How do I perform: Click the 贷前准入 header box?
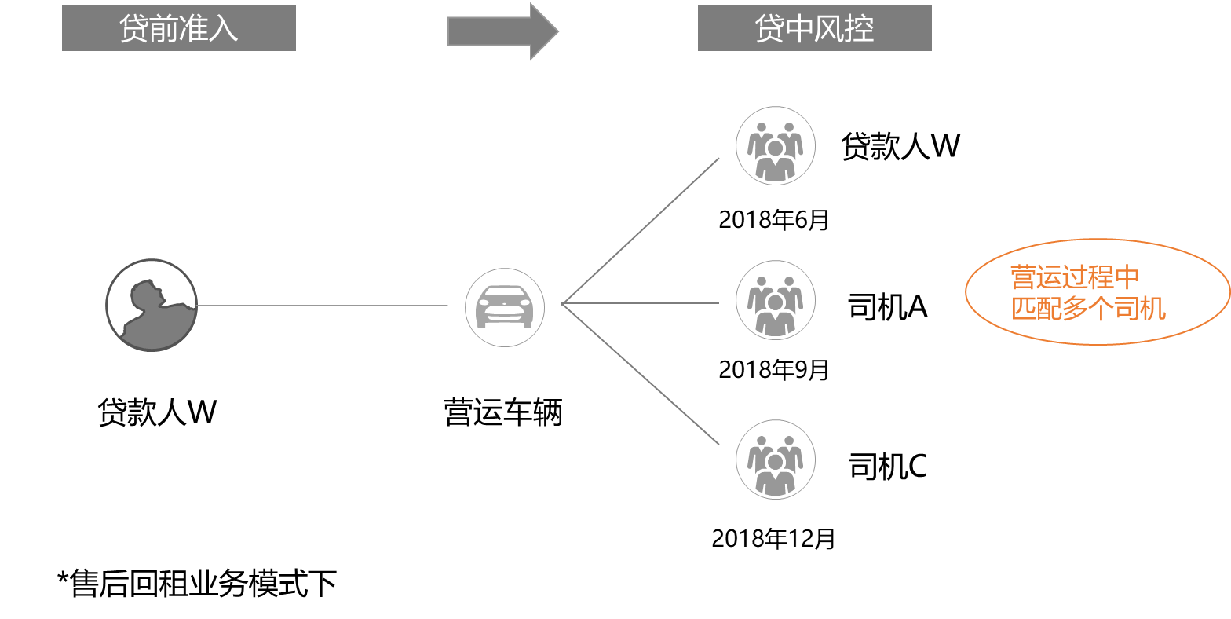pos(179,28)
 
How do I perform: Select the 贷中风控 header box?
pos(814,28)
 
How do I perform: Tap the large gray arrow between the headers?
pos(503,31)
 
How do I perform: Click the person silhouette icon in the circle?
pos(152,306)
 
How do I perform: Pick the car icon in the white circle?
pos(505,307)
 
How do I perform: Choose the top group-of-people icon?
pos(776,146)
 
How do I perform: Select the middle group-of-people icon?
pos(776,300)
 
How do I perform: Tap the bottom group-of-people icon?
pos(776,460)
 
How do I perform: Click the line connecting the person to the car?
pos(322,306)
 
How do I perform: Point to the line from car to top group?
pos(640,231)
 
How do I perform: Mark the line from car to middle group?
pos(640,303)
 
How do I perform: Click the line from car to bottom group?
pos(640,374)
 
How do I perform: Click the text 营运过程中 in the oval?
pos(1074,277)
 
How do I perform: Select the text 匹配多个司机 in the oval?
pos(1088,309)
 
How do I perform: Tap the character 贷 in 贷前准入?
pos(134,29)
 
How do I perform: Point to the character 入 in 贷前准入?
pos(224,29)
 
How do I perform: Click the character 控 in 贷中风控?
pos(860,29)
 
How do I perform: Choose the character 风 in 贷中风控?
pos(830,29)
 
